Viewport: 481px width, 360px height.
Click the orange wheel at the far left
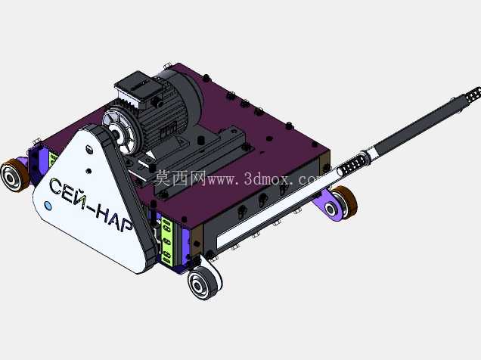pos(14,175)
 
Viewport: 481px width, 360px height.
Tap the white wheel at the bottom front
pos(203,283)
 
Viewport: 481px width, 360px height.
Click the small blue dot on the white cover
pos(48,205)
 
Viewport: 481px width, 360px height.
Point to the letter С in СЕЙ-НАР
pos(56,186)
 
